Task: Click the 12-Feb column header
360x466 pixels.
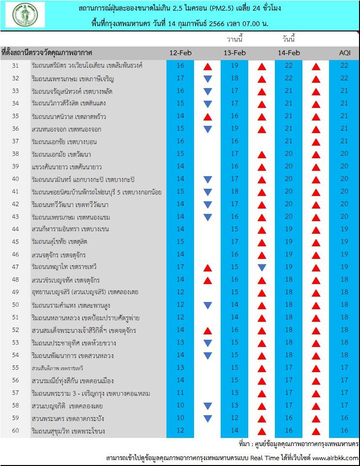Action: (180, 53)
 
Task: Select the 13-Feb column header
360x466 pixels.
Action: (235, 53)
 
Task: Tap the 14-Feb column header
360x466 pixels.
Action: (289, 53)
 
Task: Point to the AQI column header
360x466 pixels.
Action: (345, 53)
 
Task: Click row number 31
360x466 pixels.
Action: (15, 65)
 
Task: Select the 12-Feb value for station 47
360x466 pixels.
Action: (180, 267)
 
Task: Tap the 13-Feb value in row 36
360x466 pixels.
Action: (235, 129)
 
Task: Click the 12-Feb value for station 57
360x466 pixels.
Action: (180, 393)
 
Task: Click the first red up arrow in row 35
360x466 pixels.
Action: (208, 116)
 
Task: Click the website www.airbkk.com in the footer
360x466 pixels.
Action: (335, 458)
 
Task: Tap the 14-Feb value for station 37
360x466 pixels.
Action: (289, 141)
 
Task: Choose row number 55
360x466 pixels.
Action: (15, 368)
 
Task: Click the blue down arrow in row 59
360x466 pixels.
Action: (208, 419)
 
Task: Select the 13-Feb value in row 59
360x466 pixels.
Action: (235, 419)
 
